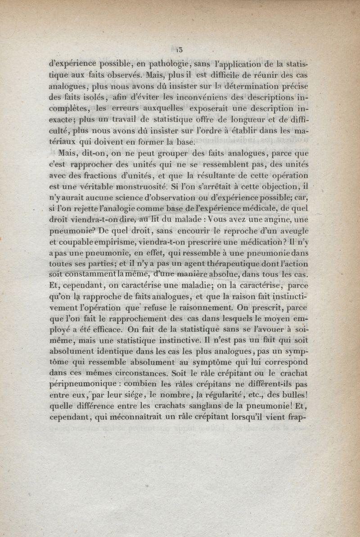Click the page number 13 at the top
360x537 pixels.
(x=179, y=49)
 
